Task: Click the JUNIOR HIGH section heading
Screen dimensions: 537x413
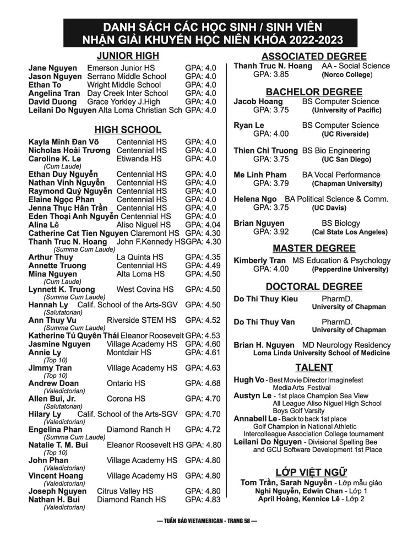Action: [x=128, y=56]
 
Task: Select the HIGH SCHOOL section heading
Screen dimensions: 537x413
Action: [x=128, y=130]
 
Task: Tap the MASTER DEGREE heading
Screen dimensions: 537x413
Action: [x=313, y=248]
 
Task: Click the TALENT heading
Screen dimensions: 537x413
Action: [x=313, y=367]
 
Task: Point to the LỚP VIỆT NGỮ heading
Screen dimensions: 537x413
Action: [x=311, y=471]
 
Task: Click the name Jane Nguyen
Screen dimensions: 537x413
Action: [x=53, y=68]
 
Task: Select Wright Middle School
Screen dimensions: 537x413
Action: [x=124, y=85]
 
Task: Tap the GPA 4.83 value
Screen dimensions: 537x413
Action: [x=203, y=500]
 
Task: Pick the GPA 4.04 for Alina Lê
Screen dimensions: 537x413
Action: [x=203, y=225]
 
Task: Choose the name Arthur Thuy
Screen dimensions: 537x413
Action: [x=51, y=257]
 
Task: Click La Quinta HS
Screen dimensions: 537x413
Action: [x=140, y=257]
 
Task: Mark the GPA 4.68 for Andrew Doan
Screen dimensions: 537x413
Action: [x=203, y=383]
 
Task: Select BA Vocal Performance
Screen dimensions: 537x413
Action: [x=341, y=175]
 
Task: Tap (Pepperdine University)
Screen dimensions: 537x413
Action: [x=350, y=269]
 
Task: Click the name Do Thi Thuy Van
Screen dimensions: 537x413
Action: [x=264, y=322]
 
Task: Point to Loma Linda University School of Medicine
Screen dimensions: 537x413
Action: [x=322, y=353]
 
